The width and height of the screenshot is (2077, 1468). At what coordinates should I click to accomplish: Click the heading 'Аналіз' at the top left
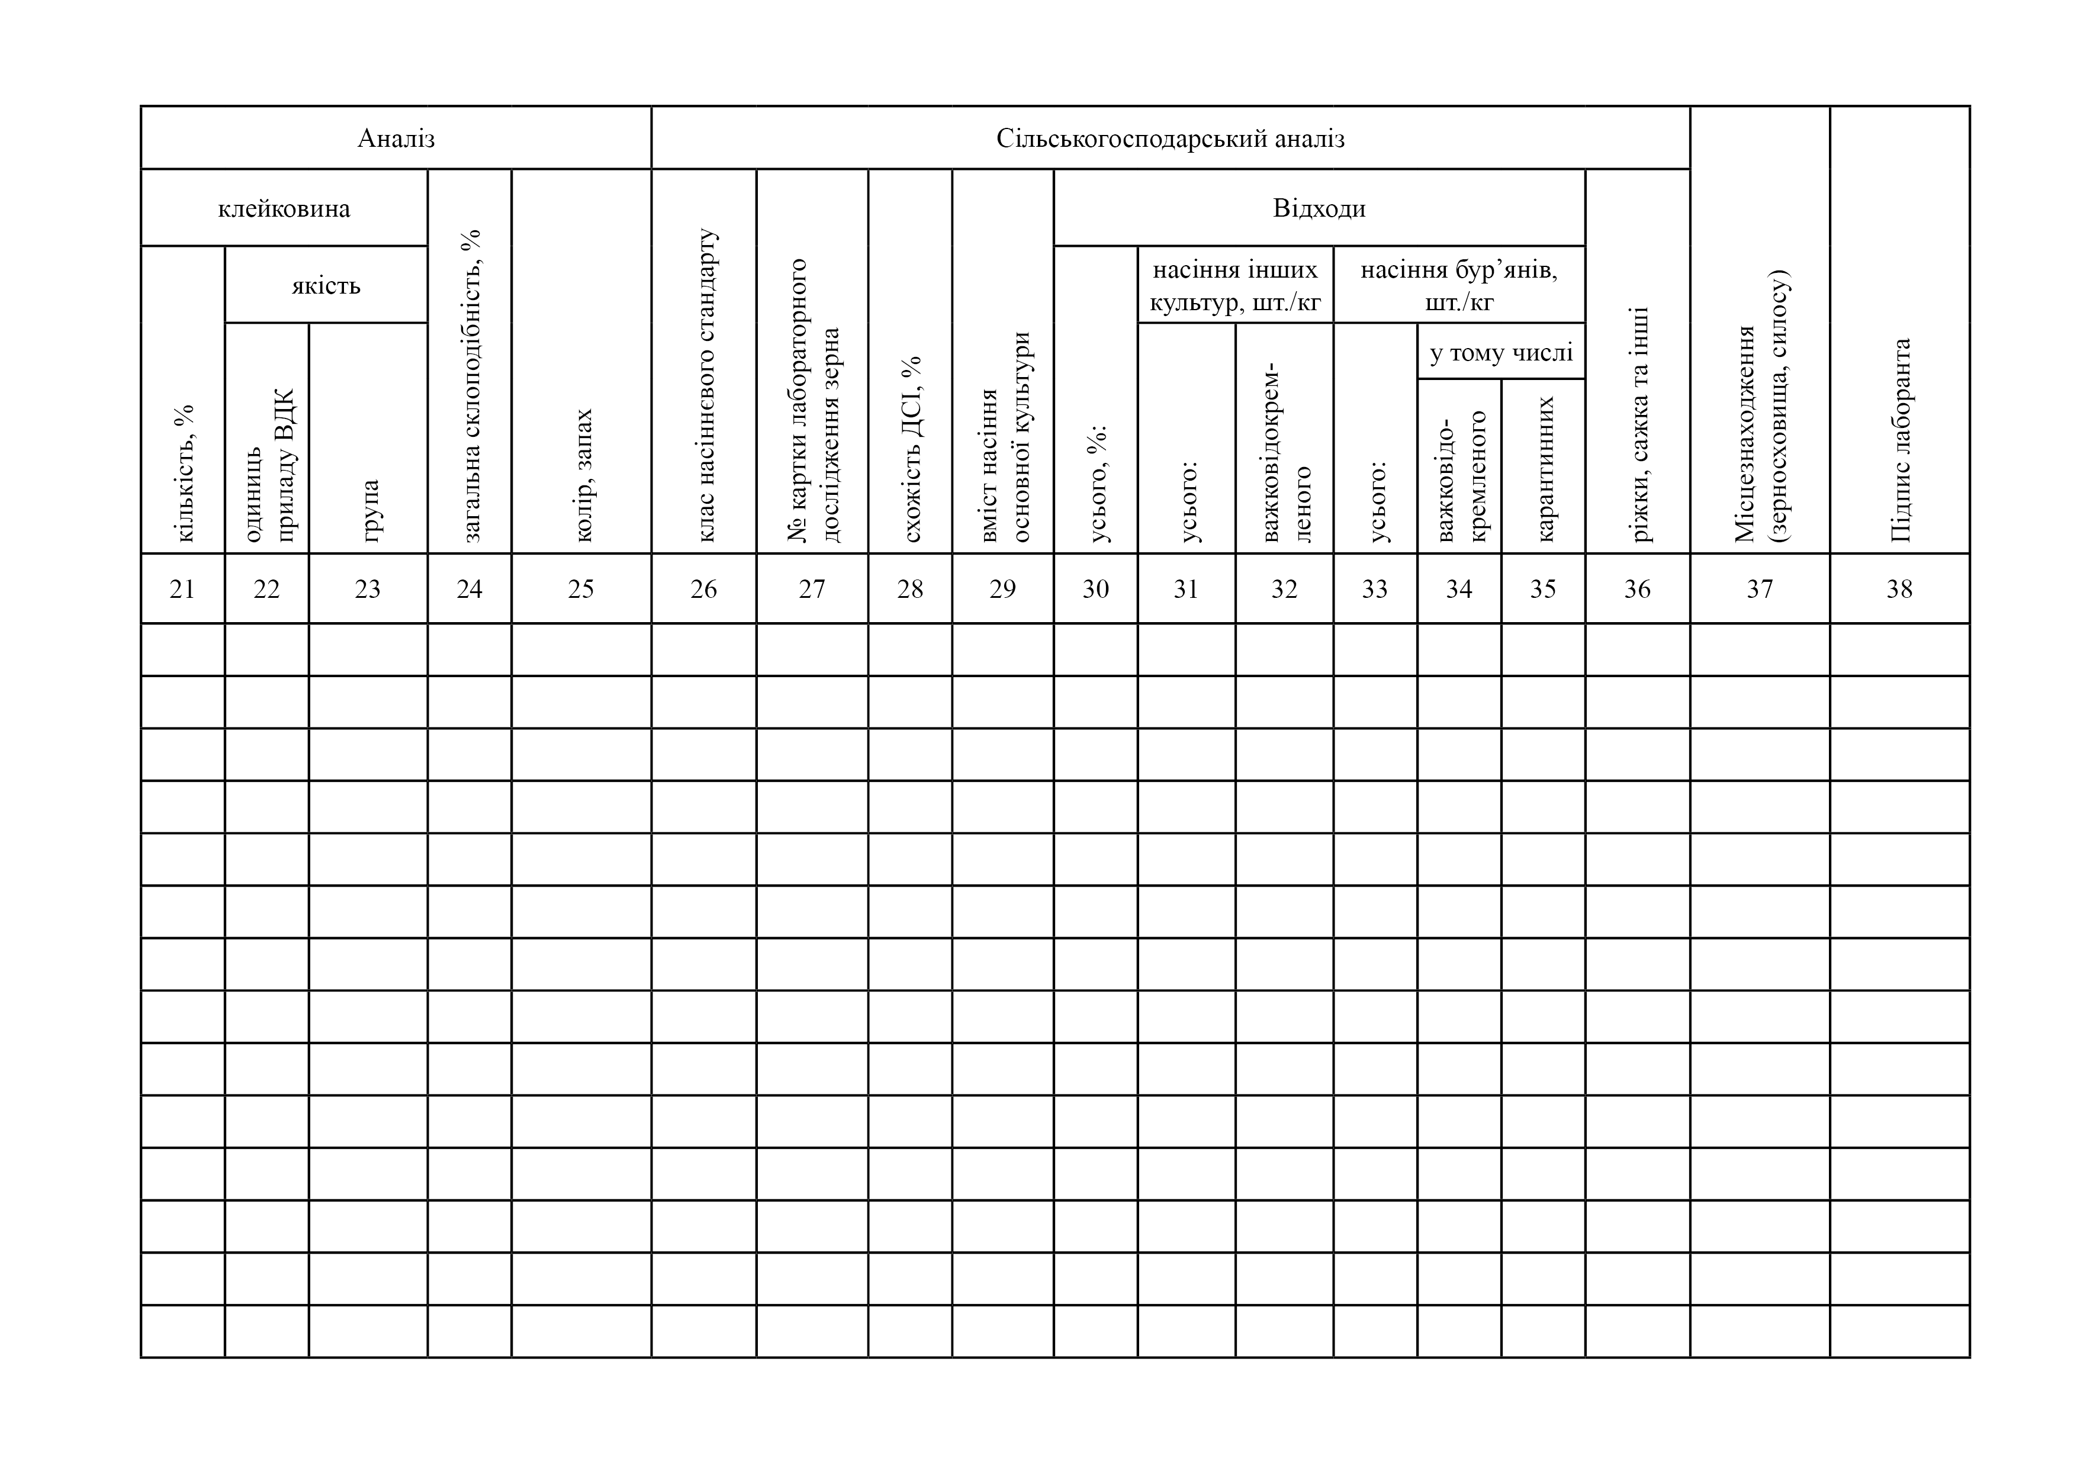pos(396,139)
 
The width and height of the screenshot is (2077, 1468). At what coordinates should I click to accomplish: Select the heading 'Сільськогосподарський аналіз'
pos(1170,139)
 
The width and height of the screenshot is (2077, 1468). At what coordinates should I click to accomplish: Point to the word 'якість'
pos(326,286)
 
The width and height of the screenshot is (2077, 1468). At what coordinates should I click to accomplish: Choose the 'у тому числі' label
pos(1501,352)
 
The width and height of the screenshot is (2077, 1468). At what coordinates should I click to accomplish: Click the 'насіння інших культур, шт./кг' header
pos(1235,286)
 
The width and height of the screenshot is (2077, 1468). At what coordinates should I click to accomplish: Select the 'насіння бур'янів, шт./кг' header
pos(1458,286)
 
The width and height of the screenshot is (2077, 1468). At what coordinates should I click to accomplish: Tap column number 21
pos(183,589)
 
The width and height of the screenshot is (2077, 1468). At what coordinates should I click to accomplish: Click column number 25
pos(581,589)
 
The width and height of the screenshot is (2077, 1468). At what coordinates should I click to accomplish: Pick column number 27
pos(812,589)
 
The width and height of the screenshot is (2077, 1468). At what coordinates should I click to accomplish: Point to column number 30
pos(1095,589)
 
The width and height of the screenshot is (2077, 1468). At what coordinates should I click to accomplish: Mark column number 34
pos(1458,589)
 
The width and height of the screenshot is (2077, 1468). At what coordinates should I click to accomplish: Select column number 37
pos(1760,589)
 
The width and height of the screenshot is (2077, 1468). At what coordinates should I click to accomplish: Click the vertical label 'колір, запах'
pos(583,475)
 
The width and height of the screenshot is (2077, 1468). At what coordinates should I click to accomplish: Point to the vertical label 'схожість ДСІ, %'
pos(911,449)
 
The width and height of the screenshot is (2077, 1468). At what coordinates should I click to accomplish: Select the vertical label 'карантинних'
pos(1544,469)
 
